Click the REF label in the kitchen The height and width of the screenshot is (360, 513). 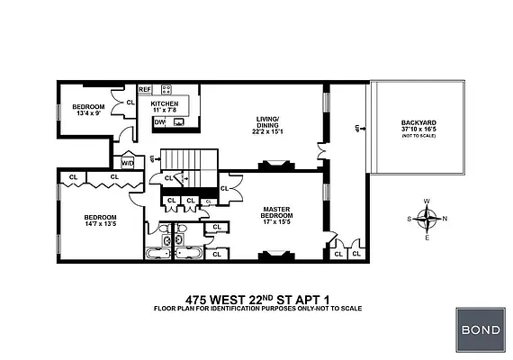145,89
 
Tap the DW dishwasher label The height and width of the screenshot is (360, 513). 158,121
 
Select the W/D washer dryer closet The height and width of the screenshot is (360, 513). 127,163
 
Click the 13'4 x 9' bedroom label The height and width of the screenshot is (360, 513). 88,110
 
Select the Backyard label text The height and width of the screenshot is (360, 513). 418,129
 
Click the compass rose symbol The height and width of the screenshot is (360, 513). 430,218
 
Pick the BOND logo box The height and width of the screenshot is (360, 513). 480,329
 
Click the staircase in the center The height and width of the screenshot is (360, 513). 184,164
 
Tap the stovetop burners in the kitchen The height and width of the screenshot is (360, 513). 166,89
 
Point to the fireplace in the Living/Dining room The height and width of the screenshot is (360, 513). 274,166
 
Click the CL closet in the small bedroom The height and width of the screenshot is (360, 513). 129,103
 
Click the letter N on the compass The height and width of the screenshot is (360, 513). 445,218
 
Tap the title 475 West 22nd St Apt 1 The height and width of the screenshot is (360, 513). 256,299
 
